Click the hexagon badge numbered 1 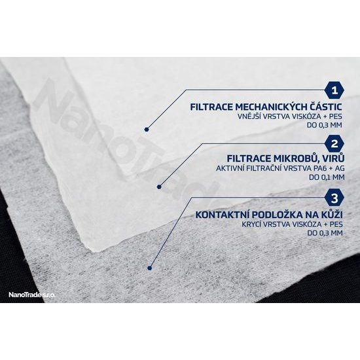(334, 90)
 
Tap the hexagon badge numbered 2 (334, 144)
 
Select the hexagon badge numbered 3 (334, 198)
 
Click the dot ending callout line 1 (147, 130)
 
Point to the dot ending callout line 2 (159, 187)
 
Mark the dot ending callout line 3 (150, 268)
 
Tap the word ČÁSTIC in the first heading (325, 107)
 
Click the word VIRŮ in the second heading (334, 158)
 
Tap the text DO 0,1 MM (327, 177)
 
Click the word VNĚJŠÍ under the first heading (249, 116)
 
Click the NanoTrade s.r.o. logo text (32, 295)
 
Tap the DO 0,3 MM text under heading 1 (325, 125)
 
